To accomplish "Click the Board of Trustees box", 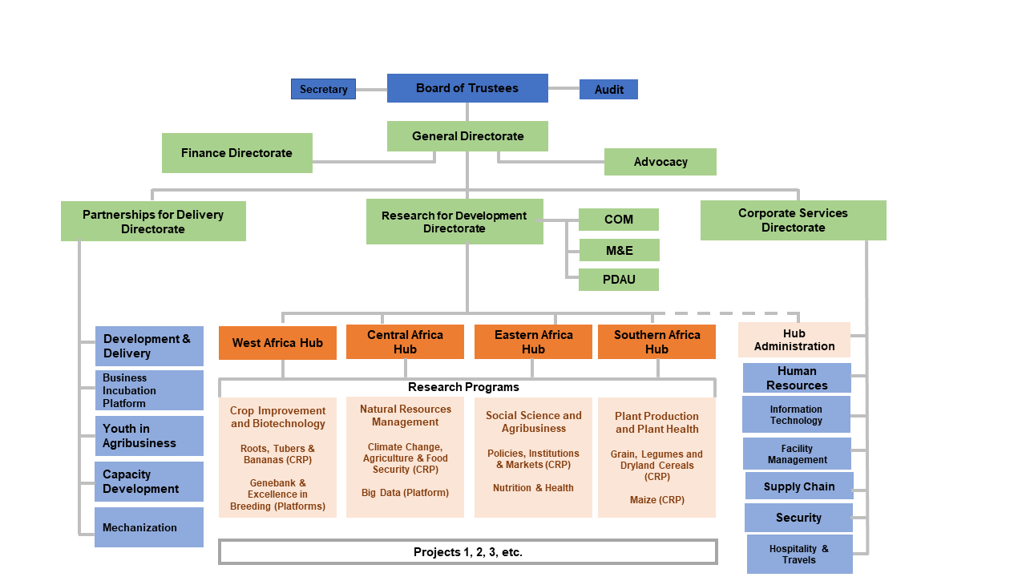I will [x=467, y=88].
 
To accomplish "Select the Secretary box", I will [x=323, y=89].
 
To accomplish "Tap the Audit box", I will [x=608, y=90].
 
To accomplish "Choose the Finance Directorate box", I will [x=236, y=153].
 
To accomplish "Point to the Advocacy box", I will [x=660, y=162].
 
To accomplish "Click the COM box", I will [x=618, y=220].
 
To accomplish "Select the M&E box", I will [x=619, y=250].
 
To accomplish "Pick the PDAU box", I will [x=618, y=280].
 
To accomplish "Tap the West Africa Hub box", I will [x=277, y=343].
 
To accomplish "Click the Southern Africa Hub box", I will [x=656, y=342].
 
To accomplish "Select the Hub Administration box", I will [x=794, y=340].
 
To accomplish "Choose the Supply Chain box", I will [x=798, y=486].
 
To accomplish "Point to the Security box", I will [x=798, y=518].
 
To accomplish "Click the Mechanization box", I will [x=148, y=527].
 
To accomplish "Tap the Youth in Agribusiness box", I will [x=148, y=436].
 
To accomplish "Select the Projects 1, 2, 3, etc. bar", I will [x=467, y=552].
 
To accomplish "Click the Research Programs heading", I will [x=463, y=387].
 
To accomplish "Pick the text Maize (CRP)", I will [x=656, y=500].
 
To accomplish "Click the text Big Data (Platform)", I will [x=405, y=493].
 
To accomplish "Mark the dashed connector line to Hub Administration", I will [x=729, y=313].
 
